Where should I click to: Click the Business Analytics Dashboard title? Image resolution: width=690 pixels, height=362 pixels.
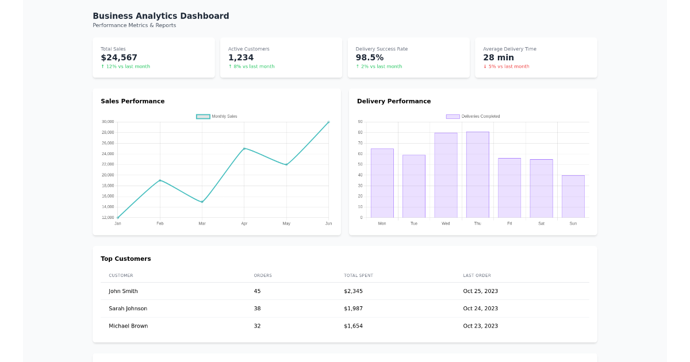coord(160,16)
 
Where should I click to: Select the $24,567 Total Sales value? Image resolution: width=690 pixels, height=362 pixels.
coord(119,57)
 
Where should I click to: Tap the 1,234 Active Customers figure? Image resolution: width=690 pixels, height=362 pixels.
coord(240,57)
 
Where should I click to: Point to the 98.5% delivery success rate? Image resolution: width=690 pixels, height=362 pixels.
coord(369,57)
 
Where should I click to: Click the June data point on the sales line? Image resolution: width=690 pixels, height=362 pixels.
coord(328,122)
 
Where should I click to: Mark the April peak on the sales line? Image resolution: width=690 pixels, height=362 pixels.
coord(244,148)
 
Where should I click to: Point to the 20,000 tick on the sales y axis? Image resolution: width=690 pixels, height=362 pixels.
coord(108,175)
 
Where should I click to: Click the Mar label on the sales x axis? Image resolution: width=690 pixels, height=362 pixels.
coord(202,224)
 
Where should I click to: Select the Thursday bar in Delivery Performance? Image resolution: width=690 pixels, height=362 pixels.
coord(477,175)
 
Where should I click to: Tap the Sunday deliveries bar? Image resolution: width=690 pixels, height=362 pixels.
coord(573,197)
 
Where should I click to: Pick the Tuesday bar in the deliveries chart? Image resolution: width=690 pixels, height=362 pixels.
coord(413,186)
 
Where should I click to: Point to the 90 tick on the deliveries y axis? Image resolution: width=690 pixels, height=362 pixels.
coord(360,122)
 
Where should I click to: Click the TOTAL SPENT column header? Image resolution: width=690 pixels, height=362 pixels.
coord(358,276)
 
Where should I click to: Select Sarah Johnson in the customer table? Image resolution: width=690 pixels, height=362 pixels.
coord(128,309)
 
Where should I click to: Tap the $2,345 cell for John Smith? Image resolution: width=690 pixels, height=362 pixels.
coord(353,291)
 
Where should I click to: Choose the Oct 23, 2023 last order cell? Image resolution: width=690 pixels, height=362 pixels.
coord(480,326)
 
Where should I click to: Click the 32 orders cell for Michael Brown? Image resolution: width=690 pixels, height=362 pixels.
coord(257,326)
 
